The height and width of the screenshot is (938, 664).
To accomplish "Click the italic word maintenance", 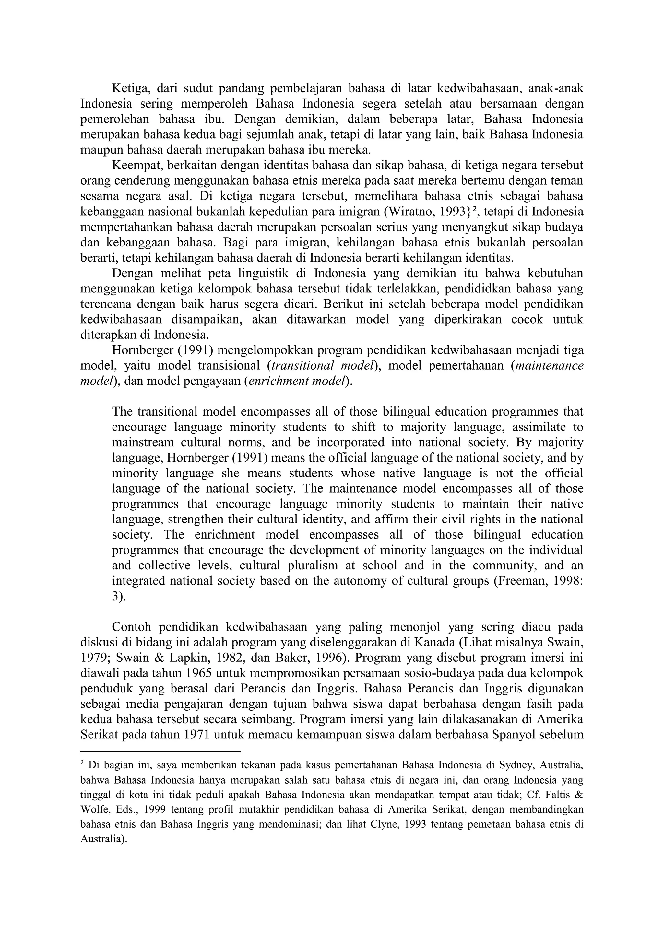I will point(549,366).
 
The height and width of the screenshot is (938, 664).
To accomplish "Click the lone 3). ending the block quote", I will point(119,597).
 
